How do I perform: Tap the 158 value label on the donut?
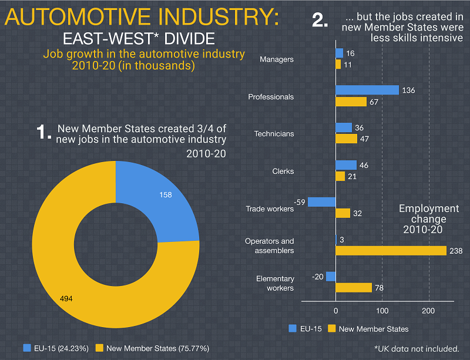pos(166,194)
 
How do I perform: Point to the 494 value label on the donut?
pos(67,299)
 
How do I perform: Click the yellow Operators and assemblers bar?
pos(391,251)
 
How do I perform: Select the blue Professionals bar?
pos(367,90)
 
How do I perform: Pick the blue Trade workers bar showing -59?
pos(321,202)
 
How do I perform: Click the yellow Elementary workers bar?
pos(354,288)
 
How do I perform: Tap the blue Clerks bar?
pos(346,165)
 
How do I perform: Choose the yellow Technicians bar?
pos(347,139)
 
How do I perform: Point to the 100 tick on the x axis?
pos(382,310)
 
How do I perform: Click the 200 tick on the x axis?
pos(429,310)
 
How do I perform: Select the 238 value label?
pos(455,251)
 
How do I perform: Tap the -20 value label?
pos(318,277)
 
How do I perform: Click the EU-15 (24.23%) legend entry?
pos(56,348)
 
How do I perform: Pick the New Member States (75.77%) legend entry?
pos(152,348)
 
